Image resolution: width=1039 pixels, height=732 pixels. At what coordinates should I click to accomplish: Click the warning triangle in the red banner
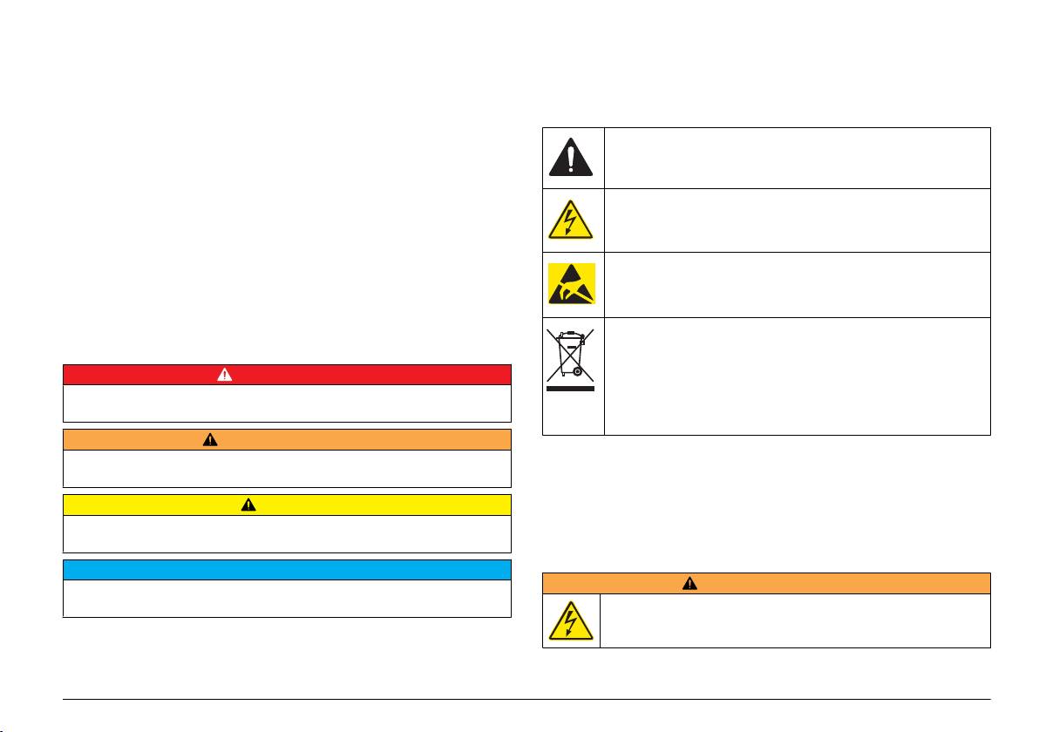225,375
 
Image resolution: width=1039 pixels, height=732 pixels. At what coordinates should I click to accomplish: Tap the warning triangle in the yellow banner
248,505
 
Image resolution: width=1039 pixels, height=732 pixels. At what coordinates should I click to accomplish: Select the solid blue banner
287,569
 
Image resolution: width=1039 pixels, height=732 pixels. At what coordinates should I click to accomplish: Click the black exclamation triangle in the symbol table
572,157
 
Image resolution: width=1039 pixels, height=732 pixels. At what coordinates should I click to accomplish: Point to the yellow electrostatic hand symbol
572,284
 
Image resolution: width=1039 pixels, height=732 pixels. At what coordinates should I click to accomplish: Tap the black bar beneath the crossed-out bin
571,389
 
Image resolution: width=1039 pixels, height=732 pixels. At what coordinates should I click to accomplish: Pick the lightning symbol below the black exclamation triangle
572,220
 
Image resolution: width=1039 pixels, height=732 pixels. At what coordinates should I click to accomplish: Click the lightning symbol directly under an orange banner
571,620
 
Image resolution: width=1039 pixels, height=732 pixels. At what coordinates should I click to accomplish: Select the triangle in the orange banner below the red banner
211,440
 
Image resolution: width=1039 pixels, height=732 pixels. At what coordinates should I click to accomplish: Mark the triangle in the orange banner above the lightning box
689,583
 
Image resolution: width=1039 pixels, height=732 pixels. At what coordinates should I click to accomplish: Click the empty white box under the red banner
287,403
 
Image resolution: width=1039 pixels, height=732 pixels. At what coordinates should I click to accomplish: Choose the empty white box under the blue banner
287,599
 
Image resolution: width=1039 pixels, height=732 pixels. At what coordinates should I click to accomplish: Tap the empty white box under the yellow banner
287,533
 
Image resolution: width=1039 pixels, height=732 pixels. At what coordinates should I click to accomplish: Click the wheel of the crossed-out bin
575,372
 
